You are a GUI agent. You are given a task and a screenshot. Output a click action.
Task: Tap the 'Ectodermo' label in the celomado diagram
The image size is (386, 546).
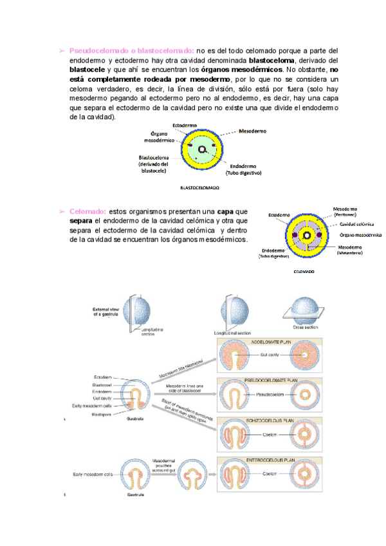tap(278, 214)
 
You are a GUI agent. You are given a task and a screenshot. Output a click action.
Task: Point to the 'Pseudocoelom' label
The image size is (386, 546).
tap(270, 394)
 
